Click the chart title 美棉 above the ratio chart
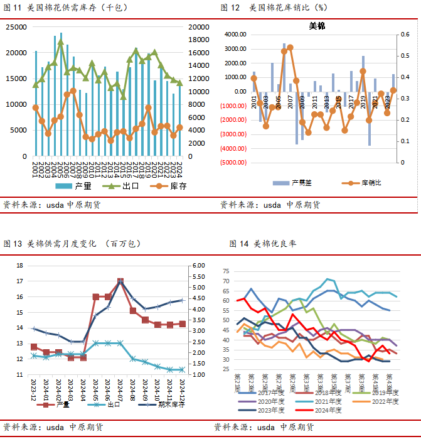[x=317, y=26]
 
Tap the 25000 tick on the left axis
[x=18, y=27]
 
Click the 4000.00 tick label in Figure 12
[x=232, y=35]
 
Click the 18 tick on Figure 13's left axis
[x=19, y=266]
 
